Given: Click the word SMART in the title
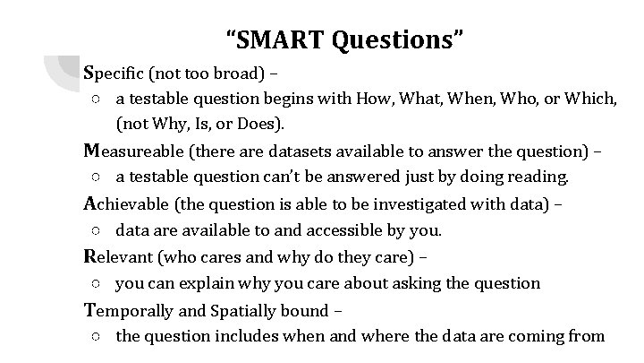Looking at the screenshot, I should coord(284,40).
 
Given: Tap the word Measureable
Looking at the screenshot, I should coord(134,150).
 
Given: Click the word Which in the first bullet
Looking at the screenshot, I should coord(594,98).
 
